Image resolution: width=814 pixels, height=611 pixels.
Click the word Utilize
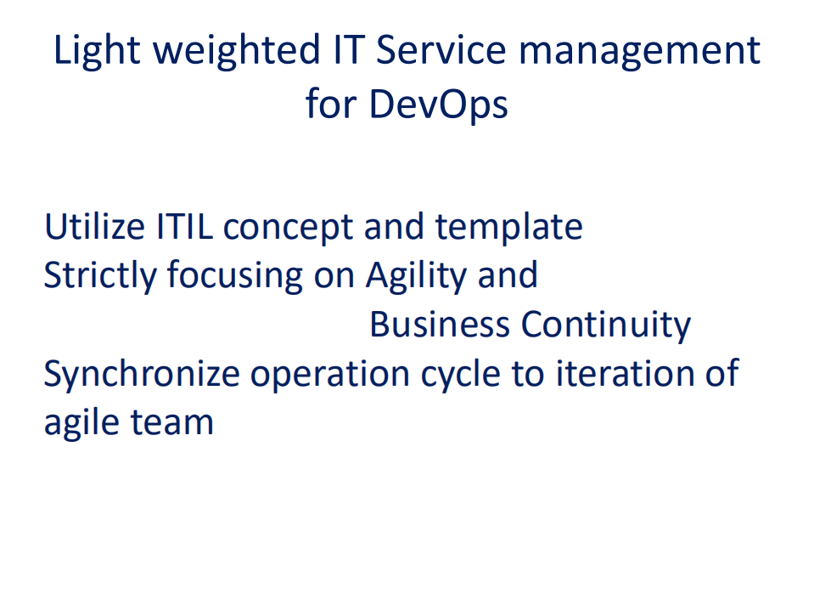(93, 227)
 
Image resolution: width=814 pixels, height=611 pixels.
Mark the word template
(508, 229)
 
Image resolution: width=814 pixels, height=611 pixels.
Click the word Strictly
(99, 276)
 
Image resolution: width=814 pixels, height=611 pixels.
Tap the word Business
(440, 325)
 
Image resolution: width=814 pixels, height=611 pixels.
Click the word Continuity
(606, 325)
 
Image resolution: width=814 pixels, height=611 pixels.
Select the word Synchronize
(142, 375)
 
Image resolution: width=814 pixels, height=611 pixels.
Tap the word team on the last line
(177, 422)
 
